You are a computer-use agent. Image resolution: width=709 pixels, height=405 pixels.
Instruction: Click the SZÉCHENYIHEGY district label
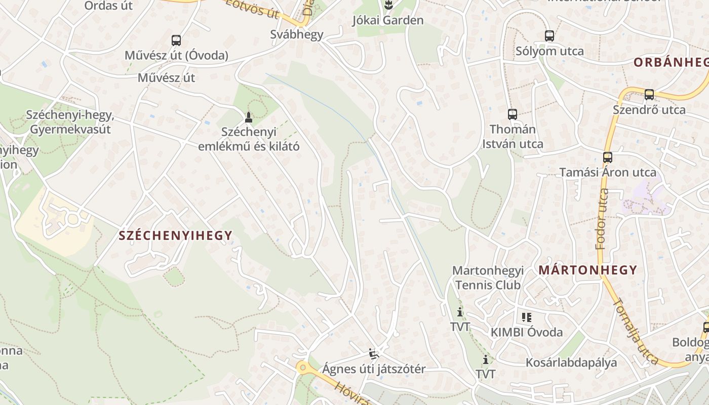point(175,235)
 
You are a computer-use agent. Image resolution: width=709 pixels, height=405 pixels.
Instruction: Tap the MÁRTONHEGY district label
point(587,270)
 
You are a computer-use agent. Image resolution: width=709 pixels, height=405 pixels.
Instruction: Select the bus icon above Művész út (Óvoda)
point(176,40)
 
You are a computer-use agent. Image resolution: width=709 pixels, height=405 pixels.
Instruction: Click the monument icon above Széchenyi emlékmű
point(248,117)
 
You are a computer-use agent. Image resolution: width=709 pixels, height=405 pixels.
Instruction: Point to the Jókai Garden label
point(388,21)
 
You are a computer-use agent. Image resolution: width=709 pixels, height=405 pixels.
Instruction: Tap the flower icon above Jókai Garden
point(388,6)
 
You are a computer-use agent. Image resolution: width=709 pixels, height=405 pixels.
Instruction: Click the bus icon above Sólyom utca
point(549,36)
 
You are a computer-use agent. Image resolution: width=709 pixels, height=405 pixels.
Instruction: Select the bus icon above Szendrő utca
point(649,95)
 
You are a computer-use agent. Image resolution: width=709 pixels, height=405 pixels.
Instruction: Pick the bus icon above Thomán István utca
point(513,114)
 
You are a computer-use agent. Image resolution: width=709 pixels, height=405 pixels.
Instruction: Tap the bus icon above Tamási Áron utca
point(608,157)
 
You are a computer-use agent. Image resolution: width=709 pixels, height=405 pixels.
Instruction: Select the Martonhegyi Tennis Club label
point(488,278)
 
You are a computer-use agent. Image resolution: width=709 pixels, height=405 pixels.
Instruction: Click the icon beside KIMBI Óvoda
point(526,317)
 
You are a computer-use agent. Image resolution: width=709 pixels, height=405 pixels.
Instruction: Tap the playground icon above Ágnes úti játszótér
point(374,353)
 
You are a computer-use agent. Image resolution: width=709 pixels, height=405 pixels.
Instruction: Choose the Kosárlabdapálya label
point(571,362)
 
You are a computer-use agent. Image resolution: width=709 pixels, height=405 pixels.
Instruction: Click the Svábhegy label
point(297,34)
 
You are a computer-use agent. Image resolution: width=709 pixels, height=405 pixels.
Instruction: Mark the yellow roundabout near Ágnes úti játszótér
point(303,368)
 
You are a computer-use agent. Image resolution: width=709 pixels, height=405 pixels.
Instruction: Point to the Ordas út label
point(108,6)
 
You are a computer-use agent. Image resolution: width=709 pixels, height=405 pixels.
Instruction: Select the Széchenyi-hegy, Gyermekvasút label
point(70,122)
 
